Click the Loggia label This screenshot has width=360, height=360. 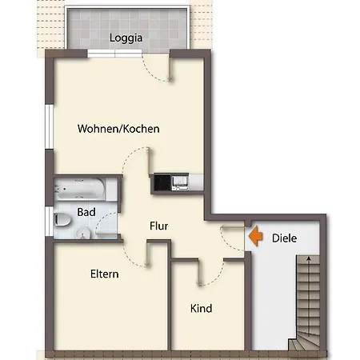point(126,37)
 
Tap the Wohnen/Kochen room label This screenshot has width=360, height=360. point(118,128)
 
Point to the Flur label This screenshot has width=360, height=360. point(158,226)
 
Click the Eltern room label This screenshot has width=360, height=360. point(104,274)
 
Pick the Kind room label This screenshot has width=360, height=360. point(201,308)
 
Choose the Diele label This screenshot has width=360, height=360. point(285,238)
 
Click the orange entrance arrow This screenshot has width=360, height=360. point(254,237)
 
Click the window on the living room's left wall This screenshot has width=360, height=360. point(49,128)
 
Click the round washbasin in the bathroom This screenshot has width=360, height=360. point(85,233)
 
